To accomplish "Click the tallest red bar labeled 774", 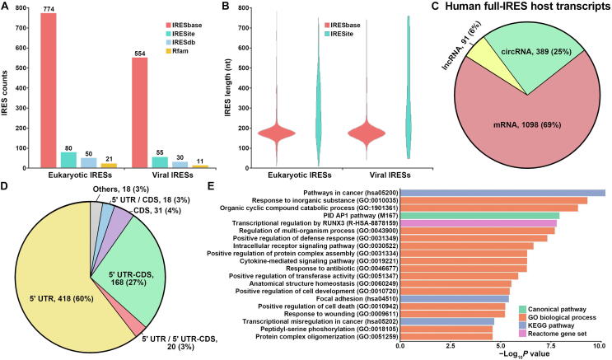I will coord(48,91).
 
